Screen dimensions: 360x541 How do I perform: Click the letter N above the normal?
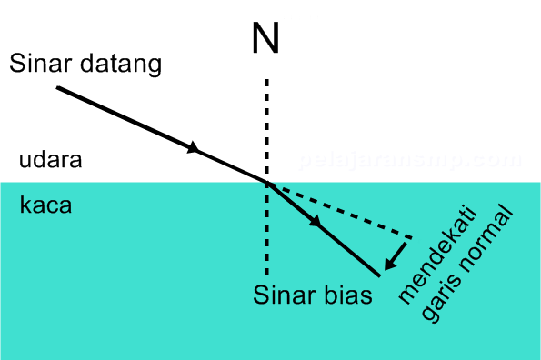coord(265,38)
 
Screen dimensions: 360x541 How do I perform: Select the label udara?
coord(51,161)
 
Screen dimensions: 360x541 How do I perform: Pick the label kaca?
coord(45,205)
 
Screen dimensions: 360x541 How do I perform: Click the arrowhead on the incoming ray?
coord(193,148)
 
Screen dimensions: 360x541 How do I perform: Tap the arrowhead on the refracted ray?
coord(316,222)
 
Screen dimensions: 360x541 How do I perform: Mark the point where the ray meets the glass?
coord(267,184)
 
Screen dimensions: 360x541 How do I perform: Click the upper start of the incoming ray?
coord(58,87)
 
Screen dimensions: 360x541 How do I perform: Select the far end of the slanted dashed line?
coord(411,238)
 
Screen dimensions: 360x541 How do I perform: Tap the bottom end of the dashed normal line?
coord(266,275)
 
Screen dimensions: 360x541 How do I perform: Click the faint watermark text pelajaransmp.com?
coord(409,162)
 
